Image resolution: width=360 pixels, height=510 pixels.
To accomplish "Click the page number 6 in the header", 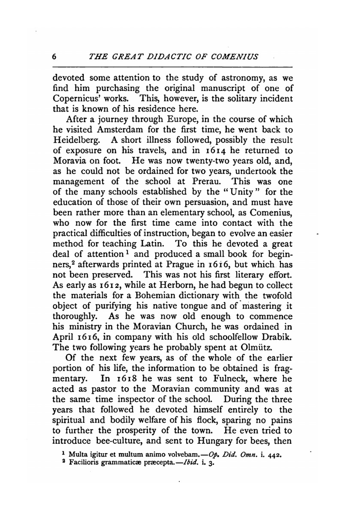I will click(55, 57).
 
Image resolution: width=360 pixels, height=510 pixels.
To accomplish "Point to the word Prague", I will click(180, 265).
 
